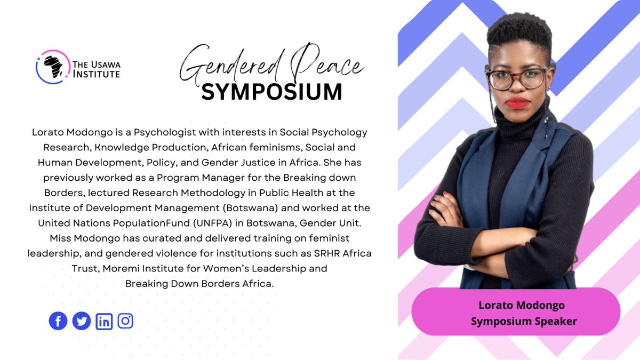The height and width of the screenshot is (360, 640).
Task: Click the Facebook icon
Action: coord(58,321)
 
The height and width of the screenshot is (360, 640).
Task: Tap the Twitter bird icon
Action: coord(81,321)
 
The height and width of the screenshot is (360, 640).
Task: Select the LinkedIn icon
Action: coord(104,321)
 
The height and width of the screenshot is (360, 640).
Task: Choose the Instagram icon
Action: coord(125,321)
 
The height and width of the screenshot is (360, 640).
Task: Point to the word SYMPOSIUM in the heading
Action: coord(272,92)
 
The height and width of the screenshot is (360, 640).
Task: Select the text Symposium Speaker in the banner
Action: coord(516,321)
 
